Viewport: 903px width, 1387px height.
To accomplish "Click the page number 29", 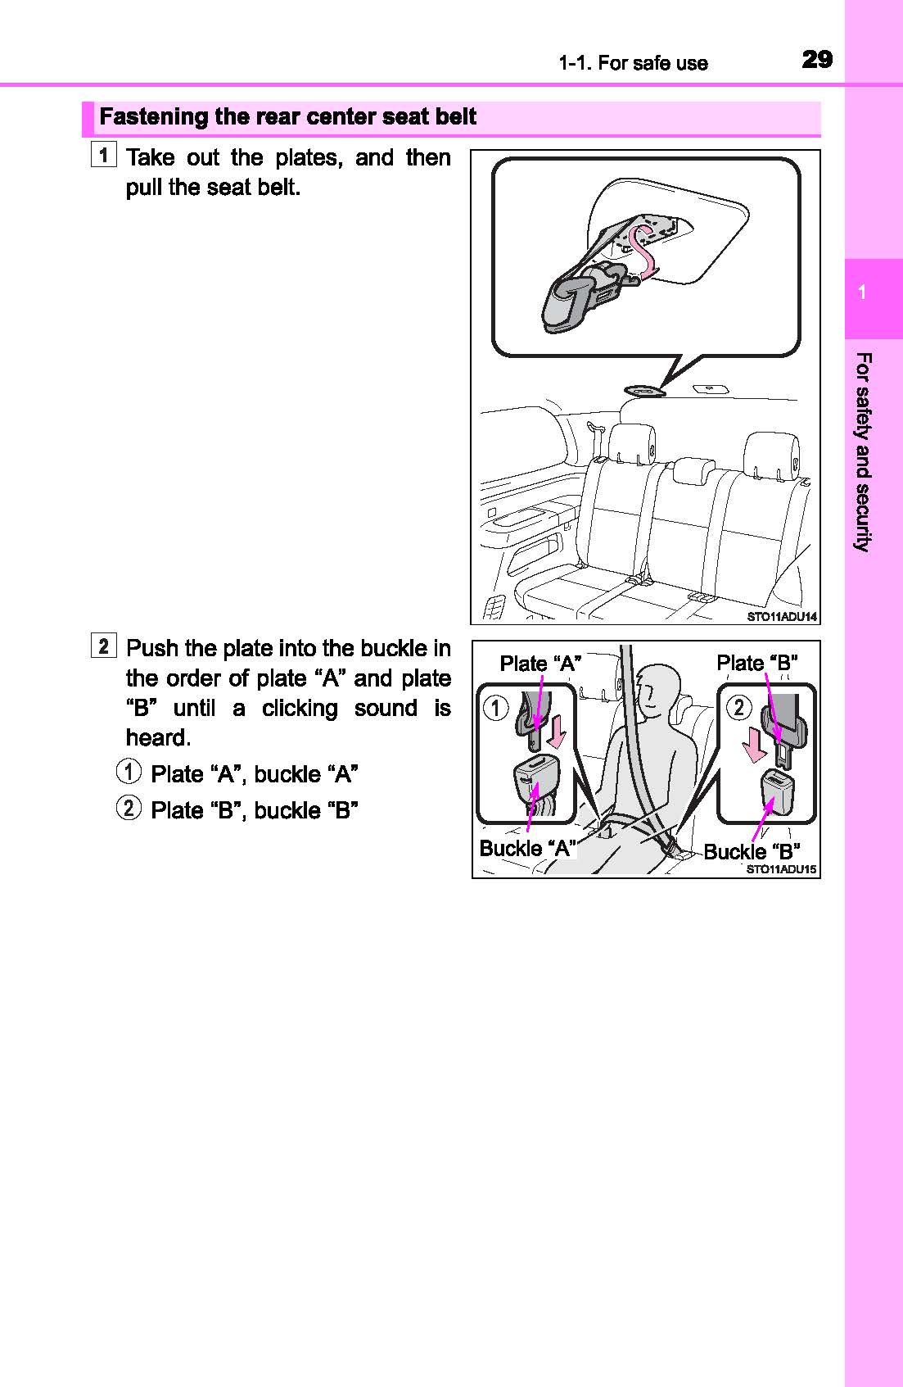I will point(816,60).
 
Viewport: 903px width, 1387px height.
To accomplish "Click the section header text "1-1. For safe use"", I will point(633,63).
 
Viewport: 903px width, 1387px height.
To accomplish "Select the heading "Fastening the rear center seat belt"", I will point(287,116).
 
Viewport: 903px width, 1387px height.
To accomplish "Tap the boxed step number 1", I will point(104,153).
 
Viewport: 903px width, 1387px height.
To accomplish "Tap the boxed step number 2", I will point(104,646).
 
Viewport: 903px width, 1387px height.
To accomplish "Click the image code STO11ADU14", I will point(782,617).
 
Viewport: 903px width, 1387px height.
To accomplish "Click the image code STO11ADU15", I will point(781,870).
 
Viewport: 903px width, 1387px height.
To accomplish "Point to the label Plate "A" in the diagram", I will point(540,664).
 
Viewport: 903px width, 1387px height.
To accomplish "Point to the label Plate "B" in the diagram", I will point(757,663).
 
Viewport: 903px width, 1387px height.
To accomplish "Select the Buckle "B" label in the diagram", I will point(752,851).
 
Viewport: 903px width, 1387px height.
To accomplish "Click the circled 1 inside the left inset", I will point(495,706).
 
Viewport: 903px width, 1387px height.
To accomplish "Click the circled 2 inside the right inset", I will point(739,706).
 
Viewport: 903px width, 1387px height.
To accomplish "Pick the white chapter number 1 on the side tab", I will point(862,293).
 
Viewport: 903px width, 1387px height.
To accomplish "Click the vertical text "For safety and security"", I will point(863,451).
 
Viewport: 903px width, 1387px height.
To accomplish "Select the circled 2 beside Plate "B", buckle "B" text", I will point(129,809).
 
